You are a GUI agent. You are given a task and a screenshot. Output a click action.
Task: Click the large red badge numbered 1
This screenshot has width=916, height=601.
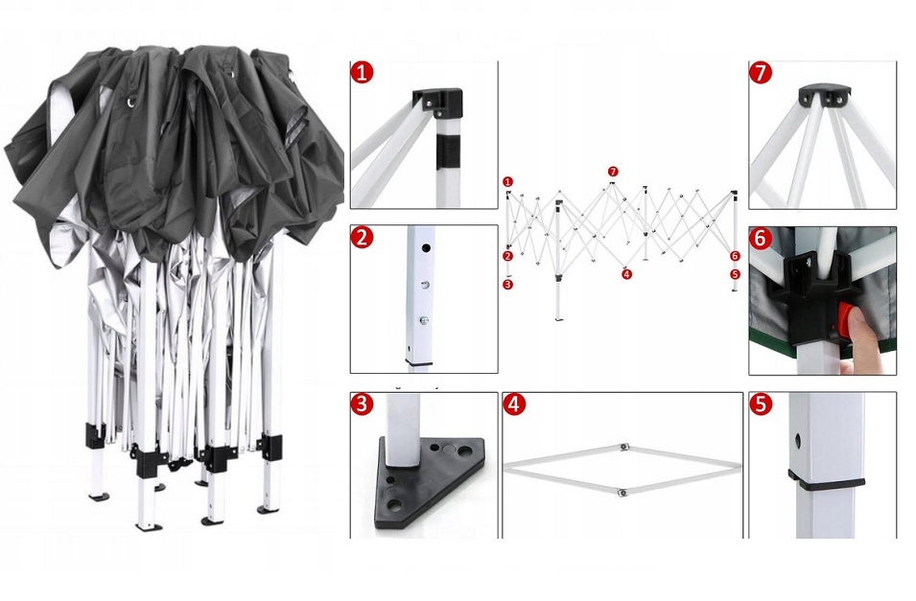coord(363,73)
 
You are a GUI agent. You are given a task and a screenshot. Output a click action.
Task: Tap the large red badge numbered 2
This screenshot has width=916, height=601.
coord(362,238)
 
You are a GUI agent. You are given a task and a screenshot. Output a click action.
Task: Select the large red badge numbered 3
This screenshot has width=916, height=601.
coord(362,404)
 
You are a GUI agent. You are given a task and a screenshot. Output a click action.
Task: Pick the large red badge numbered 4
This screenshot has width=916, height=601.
coord(515,404)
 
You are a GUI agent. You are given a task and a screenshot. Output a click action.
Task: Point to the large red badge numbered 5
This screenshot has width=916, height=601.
coord(761,404)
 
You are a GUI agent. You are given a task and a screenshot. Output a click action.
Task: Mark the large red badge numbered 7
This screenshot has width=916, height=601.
coord(761,73)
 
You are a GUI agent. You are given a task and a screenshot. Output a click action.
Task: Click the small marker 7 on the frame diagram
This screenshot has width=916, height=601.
coord(613,172)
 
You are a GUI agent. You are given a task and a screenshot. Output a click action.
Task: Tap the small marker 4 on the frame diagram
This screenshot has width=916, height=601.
coord(626,274)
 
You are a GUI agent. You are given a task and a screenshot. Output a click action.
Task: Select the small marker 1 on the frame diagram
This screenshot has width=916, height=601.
coord(508,181)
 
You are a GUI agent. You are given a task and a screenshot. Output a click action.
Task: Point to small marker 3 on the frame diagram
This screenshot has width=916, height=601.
coord(508,285)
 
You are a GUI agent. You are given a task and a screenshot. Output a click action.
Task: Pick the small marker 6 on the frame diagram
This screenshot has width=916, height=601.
coord(735,256)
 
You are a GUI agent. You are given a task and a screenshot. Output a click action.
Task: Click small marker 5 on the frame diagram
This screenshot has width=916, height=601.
coord(735,274)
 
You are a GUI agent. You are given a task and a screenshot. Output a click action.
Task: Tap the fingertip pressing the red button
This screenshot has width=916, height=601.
coord(862,331)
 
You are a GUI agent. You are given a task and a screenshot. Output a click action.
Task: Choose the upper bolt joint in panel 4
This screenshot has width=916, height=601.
coord(623,446)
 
